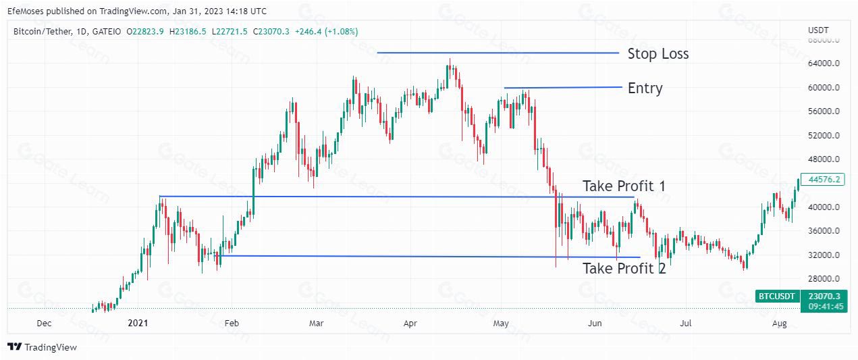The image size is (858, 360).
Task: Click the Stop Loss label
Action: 658,54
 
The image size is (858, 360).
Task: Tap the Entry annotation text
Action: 645,88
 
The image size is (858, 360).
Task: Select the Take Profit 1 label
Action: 624,186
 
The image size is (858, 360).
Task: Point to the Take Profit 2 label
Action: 624,268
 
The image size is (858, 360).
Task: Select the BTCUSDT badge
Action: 778,296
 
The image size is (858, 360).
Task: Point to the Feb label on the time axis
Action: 232,324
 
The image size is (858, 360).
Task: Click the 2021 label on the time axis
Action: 138,324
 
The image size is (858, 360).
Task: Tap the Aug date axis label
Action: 779,324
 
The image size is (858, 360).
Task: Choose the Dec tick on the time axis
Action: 44,324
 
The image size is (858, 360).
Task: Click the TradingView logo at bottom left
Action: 43,347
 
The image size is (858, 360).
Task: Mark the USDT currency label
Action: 818,30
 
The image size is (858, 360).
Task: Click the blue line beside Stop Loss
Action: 498,53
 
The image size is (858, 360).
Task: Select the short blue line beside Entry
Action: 562,87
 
